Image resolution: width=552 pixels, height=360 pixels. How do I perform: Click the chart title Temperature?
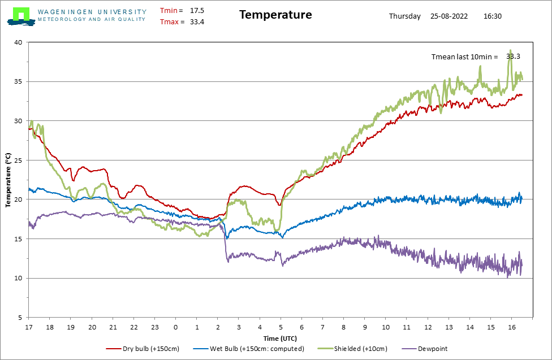[275, 15]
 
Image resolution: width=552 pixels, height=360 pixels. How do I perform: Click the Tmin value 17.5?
[197, 11]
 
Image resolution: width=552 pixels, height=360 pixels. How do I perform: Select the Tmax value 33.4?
[197, 22]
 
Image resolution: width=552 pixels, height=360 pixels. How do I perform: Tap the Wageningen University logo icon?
[21, 16]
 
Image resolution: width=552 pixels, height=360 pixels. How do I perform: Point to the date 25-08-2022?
[449, 16]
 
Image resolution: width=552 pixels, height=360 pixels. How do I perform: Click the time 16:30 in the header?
[493, 16]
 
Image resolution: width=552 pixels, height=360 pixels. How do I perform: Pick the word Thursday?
[405, 16]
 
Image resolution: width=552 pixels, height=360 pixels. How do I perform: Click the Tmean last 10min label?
[465, 57]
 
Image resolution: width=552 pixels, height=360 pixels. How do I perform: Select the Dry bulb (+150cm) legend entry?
[143, 349]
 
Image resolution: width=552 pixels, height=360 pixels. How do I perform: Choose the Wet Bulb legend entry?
[248, 349]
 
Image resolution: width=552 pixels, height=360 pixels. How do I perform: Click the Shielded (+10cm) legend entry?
[352, 349]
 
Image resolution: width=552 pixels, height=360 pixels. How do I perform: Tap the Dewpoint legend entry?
[425, 349]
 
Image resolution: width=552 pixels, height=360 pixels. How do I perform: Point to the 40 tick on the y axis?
[18, 42]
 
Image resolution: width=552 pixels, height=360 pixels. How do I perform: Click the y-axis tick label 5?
[20, 318]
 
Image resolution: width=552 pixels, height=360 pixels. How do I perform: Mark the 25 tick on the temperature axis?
[18, 160]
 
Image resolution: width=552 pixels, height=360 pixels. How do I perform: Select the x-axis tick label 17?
[28, 327]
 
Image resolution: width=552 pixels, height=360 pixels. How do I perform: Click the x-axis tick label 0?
[176, 327]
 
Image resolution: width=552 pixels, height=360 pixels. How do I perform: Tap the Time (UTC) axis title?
[280, 339]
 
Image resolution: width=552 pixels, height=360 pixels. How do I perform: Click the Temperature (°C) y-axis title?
[8, 180]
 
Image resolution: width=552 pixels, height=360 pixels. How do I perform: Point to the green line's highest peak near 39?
[511, 50]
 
